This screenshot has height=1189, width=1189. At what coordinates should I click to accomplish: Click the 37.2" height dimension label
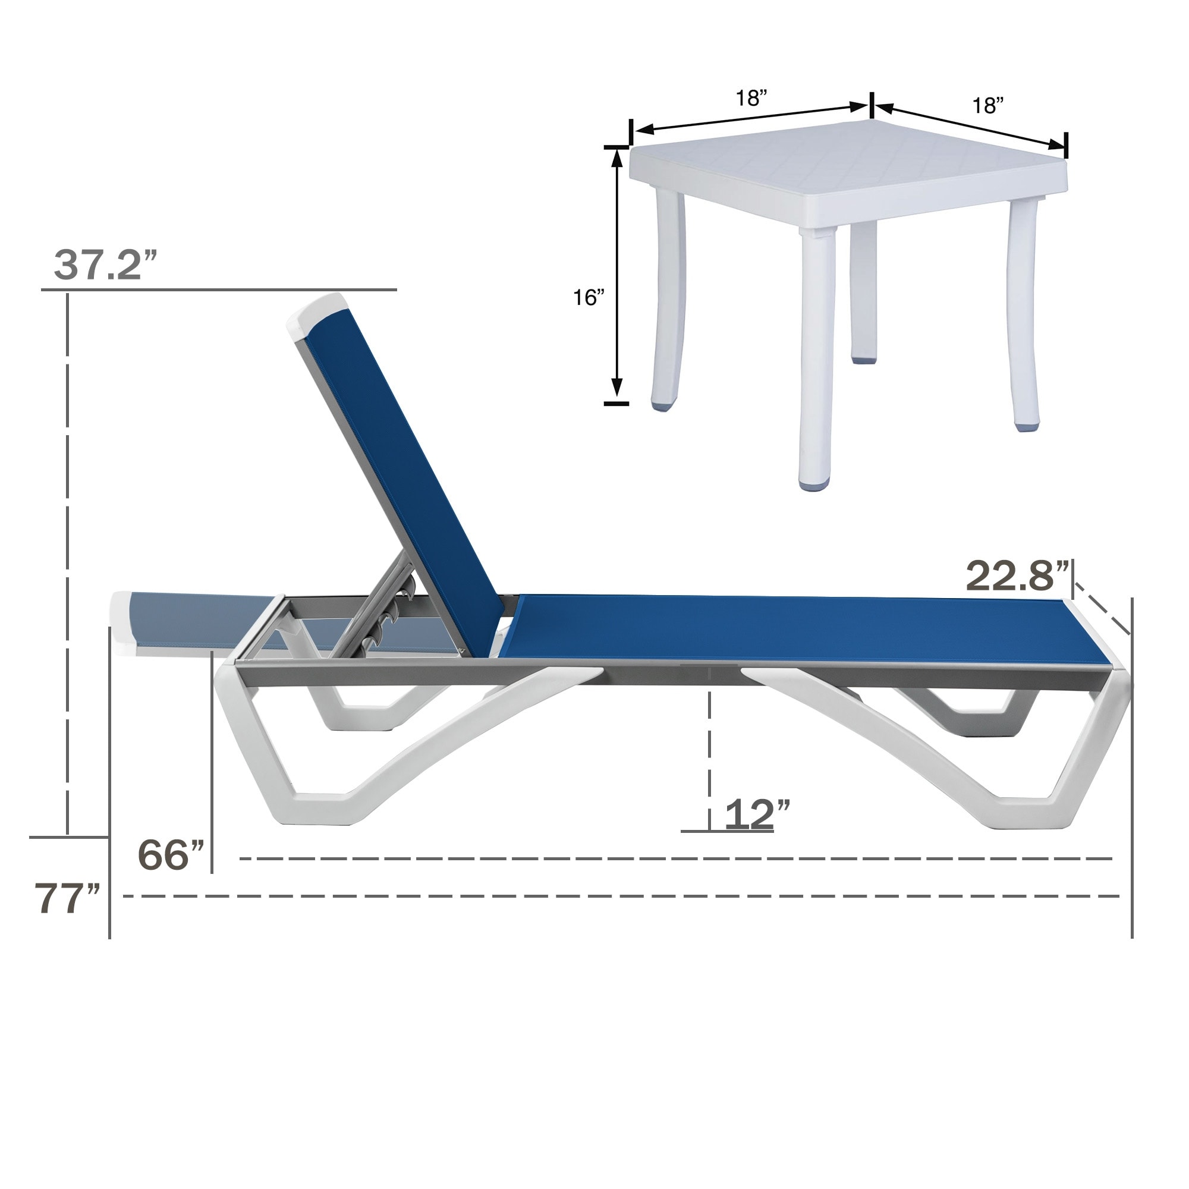(x=106, y=265)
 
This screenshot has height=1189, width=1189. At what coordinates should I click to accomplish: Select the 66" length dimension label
(x=171, y=855)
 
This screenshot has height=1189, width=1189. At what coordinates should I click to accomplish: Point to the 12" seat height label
(x=756, y=815)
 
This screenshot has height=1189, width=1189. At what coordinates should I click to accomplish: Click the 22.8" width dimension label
(x=1017, y=577)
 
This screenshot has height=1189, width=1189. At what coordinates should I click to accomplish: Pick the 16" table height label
(x=589, y=298)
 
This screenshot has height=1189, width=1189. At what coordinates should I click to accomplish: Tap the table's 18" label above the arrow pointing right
(x=751, y=99)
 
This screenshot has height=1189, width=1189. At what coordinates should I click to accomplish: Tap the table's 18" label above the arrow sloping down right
(x=987, y=106)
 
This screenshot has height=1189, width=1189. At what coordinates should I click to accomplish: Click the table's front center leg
(x=817, y=357)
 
